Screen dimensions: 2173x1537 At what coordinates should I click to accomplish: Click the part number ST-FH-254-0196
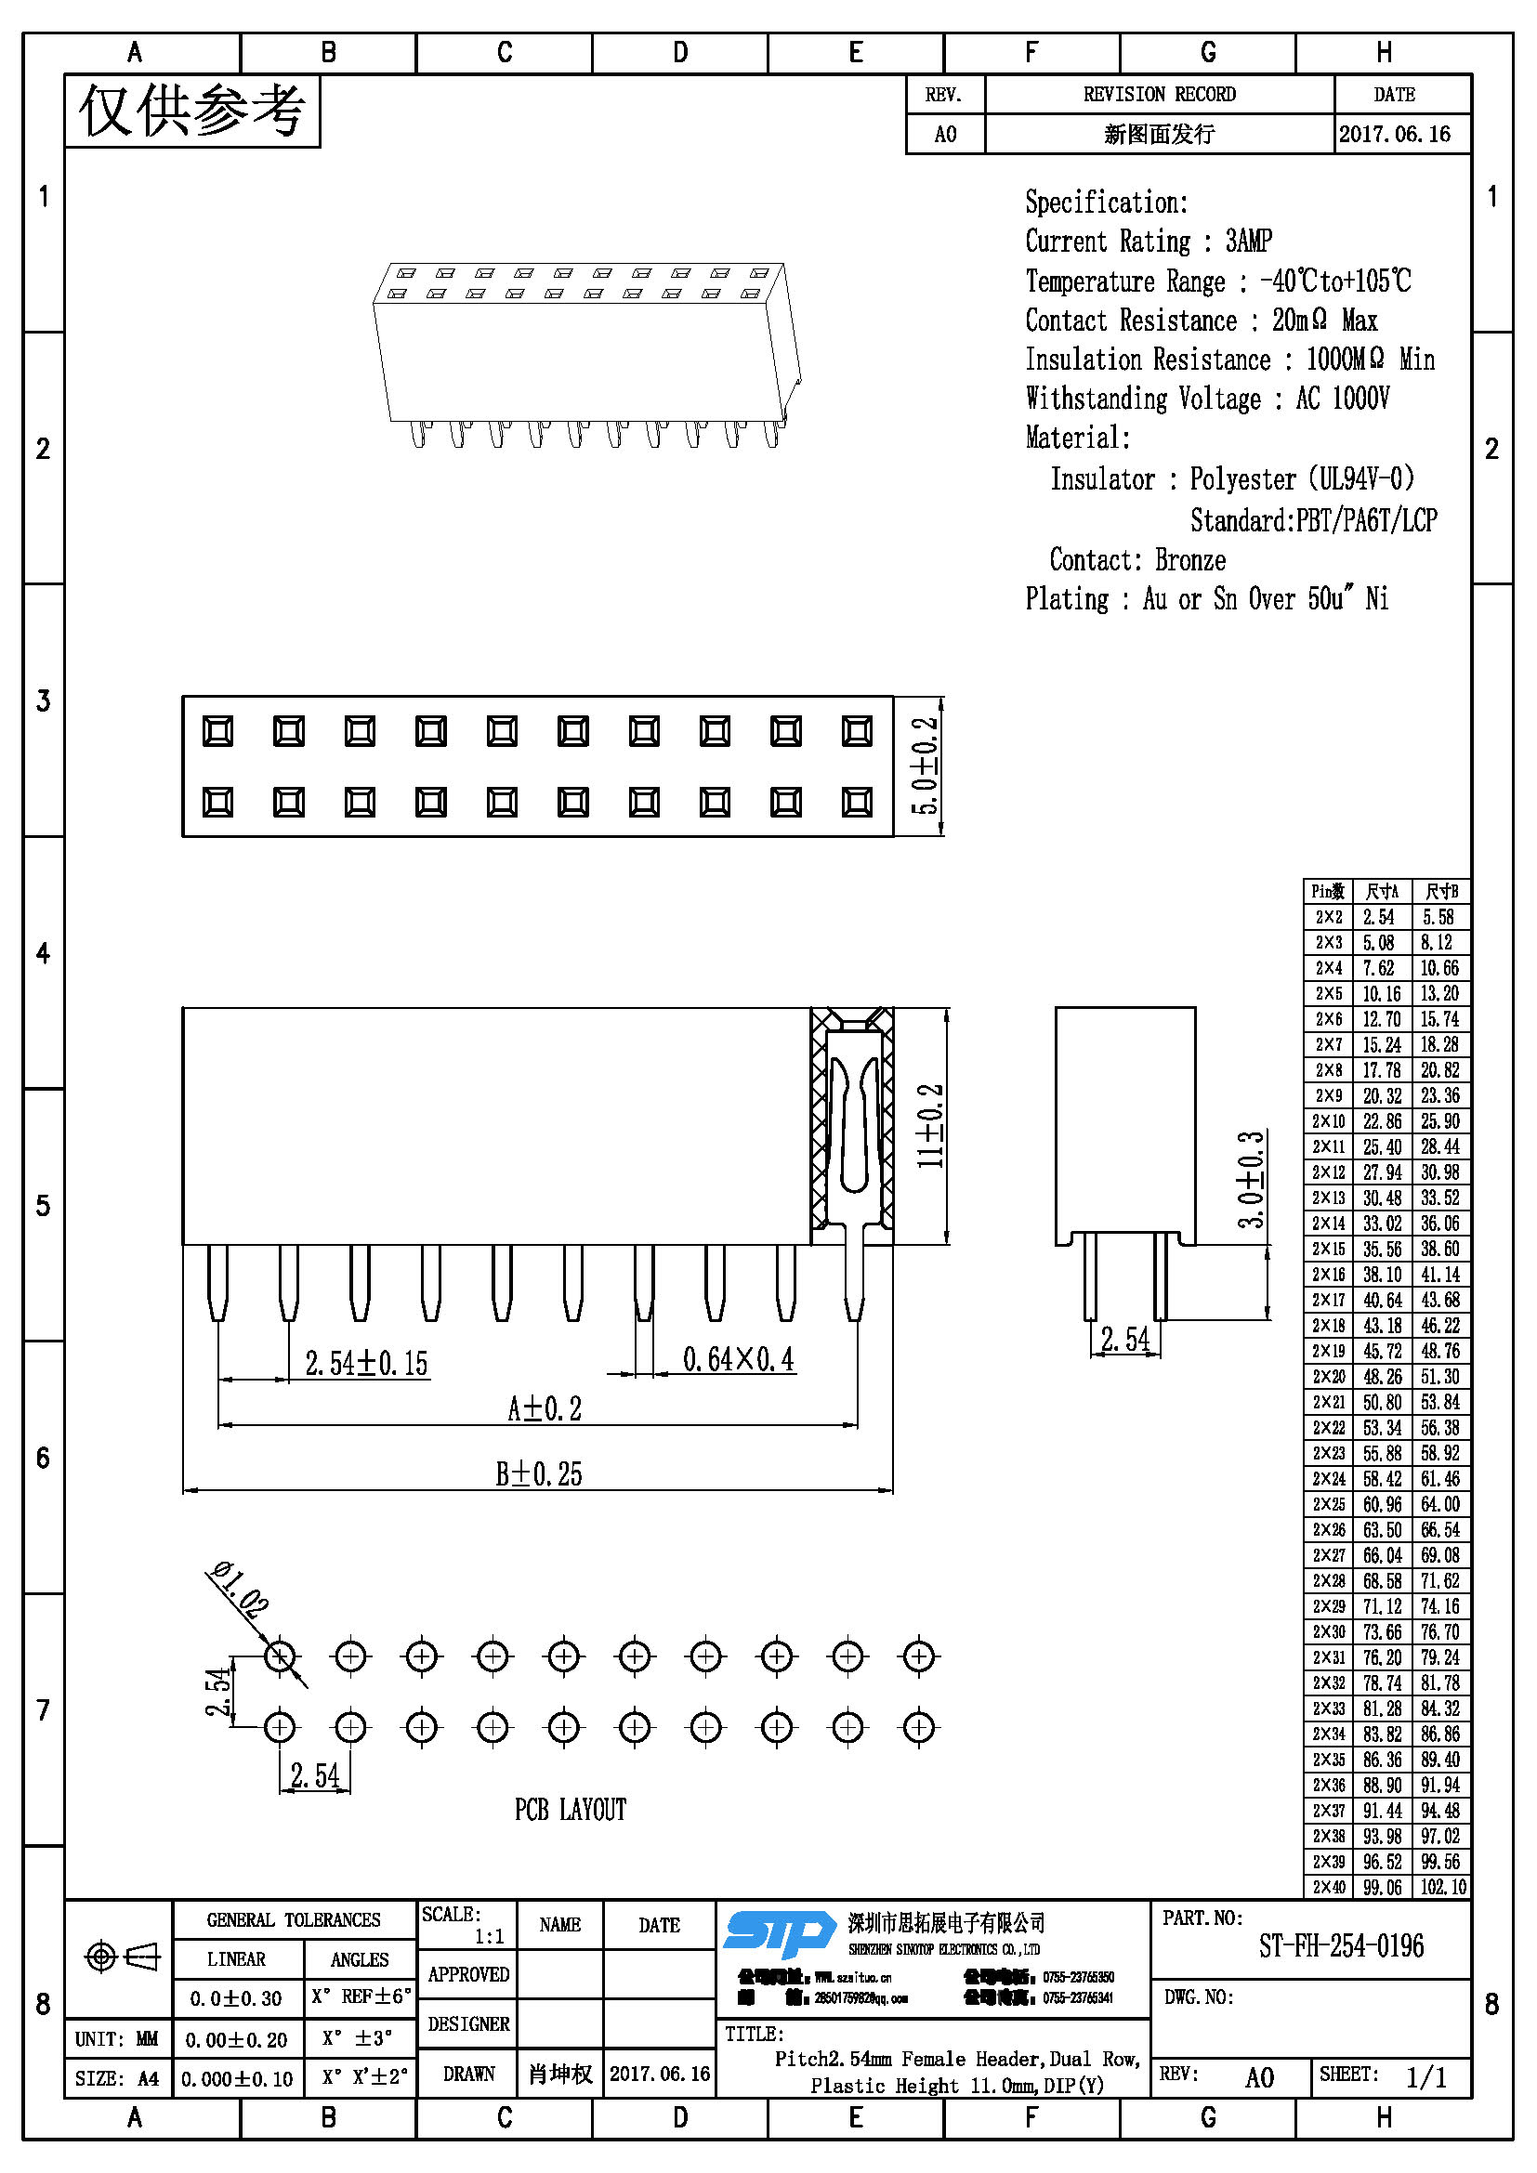1340,1946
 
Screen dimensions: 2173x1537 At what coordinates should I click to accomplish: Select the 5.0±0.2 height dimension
925,766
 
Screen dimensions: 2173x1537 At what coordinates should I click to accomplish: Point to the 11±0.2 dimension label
931,1125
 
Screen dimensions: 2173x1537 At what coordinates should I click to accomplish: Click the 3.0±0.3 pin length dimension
1251,1179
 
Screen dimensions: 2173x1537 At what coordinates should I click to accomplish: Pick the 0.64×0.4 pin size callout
738,1359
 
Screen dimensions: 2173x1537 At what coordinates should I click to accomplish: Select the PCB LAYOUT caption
570,1810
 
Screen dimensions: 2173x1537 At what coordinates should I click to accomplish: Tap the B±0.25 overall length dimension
539,1473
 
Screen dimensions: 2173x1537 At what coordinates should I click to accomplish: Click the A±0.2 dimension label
545,1408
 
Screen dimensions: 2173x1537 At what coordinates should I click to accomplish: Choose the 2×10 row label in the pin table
1328,1121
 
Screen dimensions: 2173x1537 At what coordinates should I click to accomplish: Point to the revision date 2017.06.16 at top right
1394,135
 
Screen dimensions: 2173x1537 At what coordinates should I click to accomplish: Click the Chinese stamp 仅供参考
192,111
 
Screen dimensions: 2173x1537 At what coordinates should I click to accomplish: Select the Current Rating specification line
1148,242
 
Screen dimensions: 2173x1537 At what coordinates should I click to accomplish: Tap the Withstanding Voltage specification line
1207,399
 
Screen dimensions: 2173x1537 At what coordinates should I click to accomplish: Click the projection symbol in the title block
122,1957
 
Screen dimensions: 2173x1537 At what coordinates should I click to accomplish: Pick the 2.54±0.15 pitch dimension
366,1363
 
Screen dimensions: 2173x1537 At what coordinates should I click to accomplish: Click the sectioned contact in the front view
852,1126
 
